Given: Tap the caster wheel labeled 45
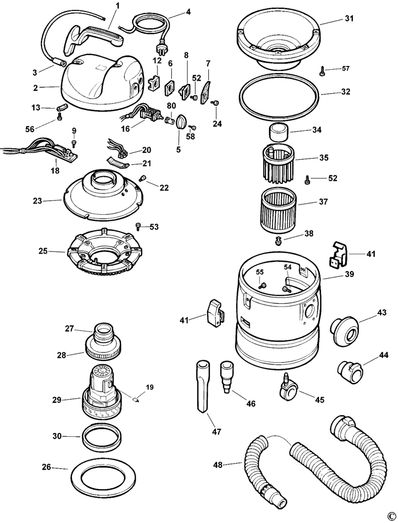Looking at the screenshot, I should click(288, 388).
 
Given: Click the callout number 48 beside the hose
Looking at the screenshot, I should click(218, 465).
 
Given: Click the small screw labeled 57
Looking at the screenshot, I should click(323, 70).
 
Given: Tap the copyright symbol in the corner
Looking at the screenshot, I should click(390, 515).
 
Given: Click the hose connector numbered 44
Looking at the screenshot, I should click(350, 372).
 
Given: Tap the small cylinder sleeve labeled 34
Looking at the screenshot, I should click(277, 132).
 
